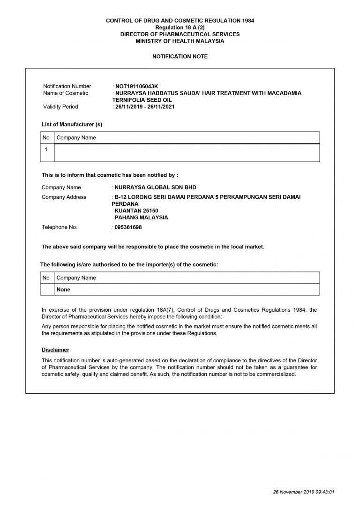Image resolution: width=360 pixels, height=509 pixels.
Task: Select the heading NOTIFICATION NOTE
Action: coord(180,56)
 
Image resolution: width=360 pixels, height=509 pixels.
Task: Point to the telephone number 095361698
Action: coord(128,227)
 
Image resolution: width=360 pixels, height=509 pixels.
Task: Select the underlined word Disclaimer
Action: coord(55,350)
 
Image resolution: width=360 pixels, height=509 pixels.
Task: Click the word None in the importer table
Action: coord(63,290)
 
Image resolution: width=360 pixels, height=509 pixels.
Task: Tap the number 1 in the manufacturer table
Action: coord(46,149)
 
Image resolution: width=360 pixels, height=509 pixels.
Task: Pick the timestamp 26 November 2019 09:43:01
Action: coord(304,492)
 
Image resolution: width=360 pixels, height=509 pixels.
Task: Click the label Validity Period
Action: coord(60,106)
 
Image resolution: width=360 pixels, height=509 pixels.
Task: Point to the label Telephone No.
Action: coord(59,227)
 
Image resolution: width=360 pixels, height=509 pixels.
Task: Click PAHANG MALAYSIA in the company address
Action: coord(141,217)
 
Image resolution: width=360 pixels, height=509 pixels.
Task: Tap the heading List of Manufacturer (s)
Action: coord(72,124)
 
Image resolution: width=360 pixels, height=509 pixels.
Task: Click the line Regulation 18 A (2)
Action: coord(180,28)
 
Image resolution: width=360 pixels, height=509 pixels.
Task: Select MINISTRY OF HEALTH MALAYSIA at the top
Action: coord(180,41)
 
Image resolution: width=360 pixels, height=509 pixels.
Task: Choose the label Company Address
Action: coord(64,197)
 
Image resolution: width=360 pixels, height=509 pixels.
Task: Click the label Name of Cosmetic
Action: coord(66,93)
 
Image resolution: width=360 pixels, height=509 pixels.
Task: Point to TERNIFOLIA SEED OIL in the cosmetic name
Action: coord(142,100)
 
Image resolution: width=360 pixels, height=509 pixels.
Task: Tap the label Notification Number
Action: coord(67,86)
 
